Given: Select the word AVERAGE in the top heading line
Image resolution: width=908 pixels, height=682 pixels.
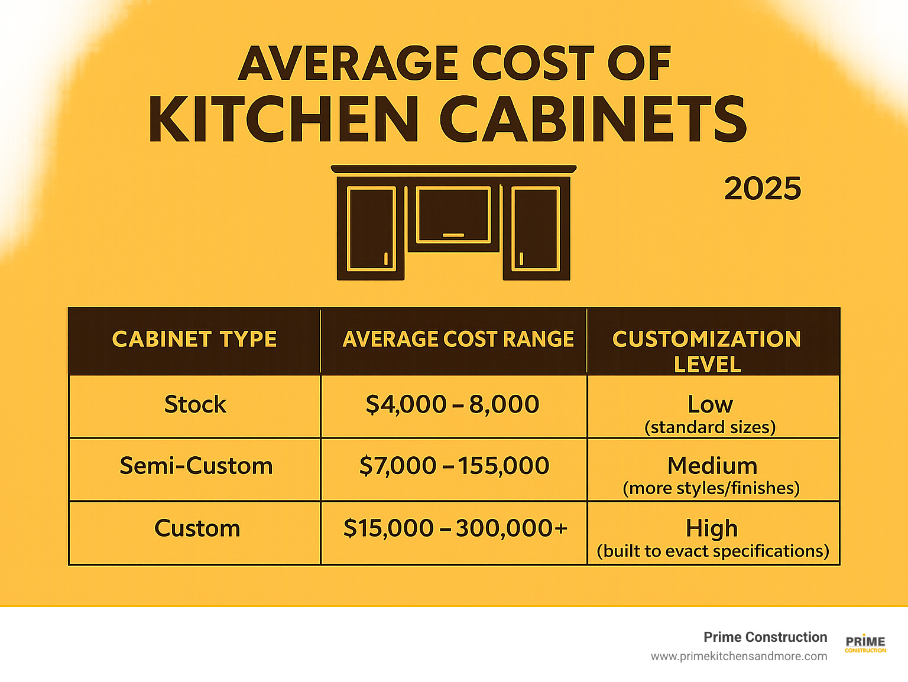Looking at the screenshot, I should point(348,63).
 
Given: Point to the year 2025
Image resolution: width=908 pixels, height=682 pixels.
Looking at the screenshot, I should point(763,189).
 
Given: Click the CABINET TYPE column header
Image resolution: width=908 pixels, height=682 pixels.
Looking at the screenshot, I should point(194,339).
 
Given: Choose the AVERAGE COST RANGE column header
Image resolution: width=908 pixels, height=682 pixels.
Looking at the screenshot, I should point(458,339).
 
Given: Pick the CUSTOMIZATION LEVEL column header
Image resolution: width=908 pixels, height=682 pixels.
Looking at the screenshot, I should point(707,351).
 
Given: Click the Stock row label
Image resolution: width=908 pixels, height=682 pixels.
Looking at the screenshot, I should point(195,405).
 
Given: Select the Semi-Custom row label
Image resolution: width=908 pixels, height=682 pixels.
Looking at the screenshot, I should point(196,466).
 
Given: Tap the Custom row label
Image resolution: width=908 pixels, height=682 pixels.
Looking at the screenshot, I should point(197,528).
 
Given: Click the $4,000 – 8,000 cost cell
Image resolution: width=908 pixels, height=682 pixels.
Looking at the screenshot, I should point(452,405).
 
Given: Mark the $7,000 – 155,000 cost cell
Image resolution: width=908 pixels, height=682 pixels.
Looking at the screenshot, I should point(454,466).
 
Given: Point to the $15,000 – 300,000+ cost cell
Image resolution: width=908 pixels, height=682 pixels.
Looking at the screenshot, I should point(455,528).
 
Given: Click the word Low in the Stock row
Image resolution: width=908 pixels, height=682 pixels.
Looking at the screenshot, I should point(711,405).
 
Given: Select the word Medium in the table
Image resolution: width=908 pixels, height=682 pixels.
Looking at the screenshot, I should point(712,466).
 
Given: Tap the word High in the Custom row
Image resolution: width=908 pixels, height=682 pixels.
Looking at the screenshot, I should point(712,528).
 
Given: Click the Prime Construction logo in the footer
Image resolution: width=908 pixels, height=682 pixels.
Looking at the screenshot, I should point(865,644).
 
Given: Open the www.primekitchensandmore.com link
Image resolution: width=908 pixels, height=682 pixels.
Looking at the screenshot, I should point(739,656).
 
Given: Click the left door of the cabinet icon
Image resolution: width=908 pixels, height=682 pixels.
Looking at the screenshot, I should point(371,228).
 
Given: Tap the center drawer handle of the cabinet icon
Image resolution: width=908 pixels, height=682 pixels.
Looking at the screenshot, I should point(453,235).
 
